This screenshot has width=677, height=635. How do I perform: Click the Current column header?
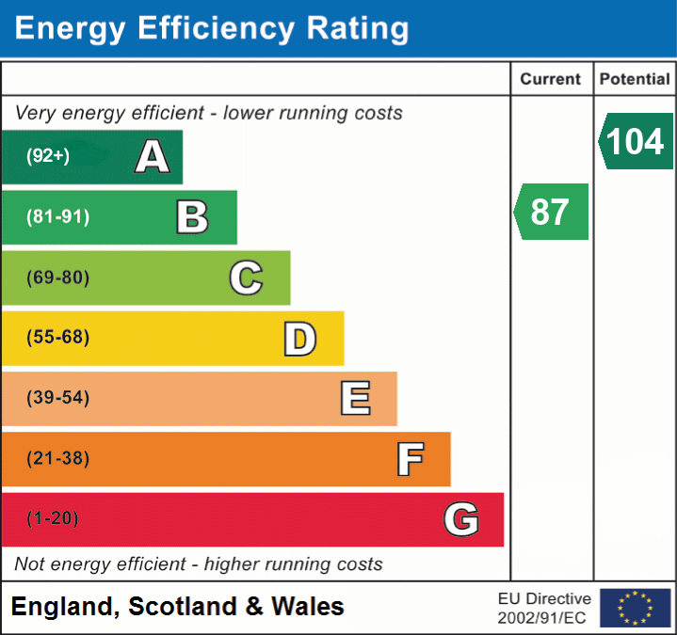click(x=551, y=79)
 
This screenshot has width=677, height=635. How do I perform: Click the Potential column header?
click(x=635, y=79)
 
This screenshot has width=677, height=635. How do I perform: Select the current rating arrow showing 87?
click(x=551, y=212)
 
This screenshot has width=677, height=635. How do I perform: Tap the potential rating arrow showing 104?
click(x=636, y=141)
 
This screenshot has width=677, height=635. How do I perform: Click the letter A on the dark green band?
click(x=152, y=156)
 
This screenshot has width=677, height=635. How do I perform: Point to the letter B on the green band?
click(x=192, y=217)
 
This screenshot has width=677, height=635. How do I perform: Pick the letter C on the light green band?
click(x=246, y=278)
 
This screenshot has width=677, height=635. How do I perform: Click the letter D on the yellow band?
click(x=300, y=339)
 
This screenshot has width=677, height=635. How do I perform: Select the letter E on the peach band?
click(x=355, y=398)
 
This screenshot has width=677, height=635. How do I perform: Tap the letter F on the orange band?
click(x=411, y=459)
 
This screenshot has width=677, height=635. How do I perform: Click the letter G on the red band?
click(x=461, y=519)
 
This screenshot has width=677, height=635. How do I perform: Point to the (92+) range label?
click(x=48, y=155)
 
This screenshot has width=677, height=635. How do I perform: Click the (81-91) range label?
click(x=57, y=216)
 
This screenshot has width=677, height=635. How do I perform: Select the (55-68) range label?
click(x=57, y=337)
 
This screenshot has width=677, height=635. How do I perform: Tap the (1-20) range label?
click(x=52, y=518)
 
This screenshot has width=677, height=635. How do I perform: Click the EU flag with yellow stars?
click(x=636, y=608)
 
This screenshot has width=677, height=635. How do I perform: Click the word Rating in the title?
click(x=358, y=28)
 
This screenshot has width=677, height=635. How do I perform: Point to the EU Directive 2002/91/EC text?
click(x=544, y=609)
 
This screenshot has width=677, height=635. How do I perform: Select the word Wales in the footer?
click(x=307, y=606)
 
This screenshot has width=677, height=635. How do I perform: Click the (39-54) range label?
click(x=57, y=397)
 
